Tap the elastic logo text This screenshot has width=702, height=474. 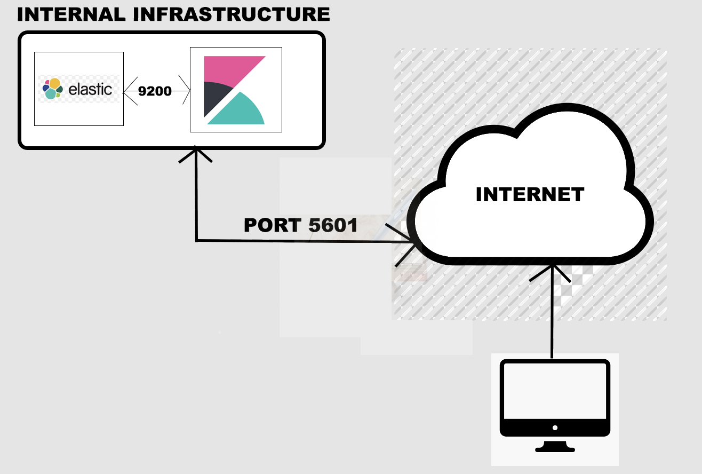[x=90, y=89]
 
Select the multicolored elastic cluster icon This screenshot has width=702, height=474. [x=52, y=89]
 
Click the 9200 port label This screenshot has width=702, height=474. [x=155, y=91]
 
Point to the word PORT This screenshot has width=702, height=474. [x=272, y=225]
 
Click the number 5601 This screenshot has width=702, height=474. [x=333, y=225]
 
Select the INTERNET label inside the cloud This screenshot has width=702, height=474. [x=530, y=194]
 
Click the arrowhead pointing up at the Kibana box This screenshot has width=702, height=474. [x=196, y=153]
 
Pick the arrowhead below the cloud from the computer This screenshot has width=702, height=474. [x=552, y=270]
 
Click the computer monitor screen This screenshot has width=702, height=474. [x=555, y=392]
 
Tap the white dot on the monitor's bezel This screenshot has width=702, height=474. [x=555, y=428]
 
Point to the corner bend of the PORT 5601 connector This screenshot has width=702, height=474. [x=197, y=241]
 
